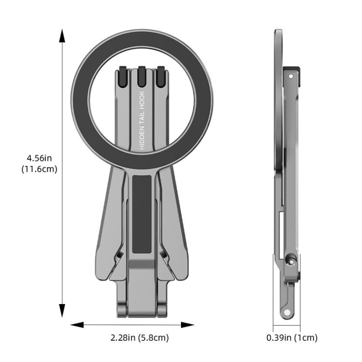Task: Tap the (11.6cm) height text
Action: click(x=40, y=169)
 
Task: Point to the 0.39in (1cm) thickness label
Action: click(x=292, y=338)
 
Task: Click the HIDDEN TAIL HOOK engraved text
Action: click(x=142, y=121)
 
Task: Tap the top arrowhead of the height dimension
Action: click(x=62, y=35)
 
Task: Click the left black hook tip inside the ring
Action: click(x=123, y=75)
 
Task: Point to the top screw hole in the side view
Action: click(x=291, y=76)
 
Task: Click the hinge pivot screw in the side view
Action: click(x=290, y=261)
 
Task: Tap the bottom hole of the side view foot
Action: click(x=287, y=312)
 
